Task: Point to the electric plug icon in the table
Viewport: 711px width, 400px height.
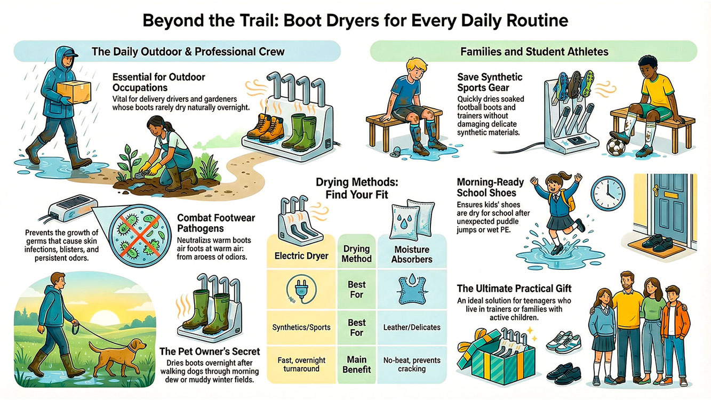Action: click(x=301, y=291)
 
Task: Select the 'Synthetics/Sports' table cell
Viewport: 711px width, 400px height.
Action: click(x=301, y=327)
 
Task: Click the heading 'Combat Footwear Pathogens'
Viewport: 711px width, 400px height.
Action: click(x=215, y=223)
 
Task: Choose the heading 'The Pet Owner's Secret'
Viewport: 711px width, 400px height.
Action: click(x=210, y=351)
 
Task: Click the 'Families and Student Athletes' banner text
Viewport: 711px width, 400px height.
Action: click(x=533, y=52)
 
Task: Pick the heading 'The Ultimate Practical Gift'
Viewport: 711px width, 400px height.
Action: click(x=514, y=289)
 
